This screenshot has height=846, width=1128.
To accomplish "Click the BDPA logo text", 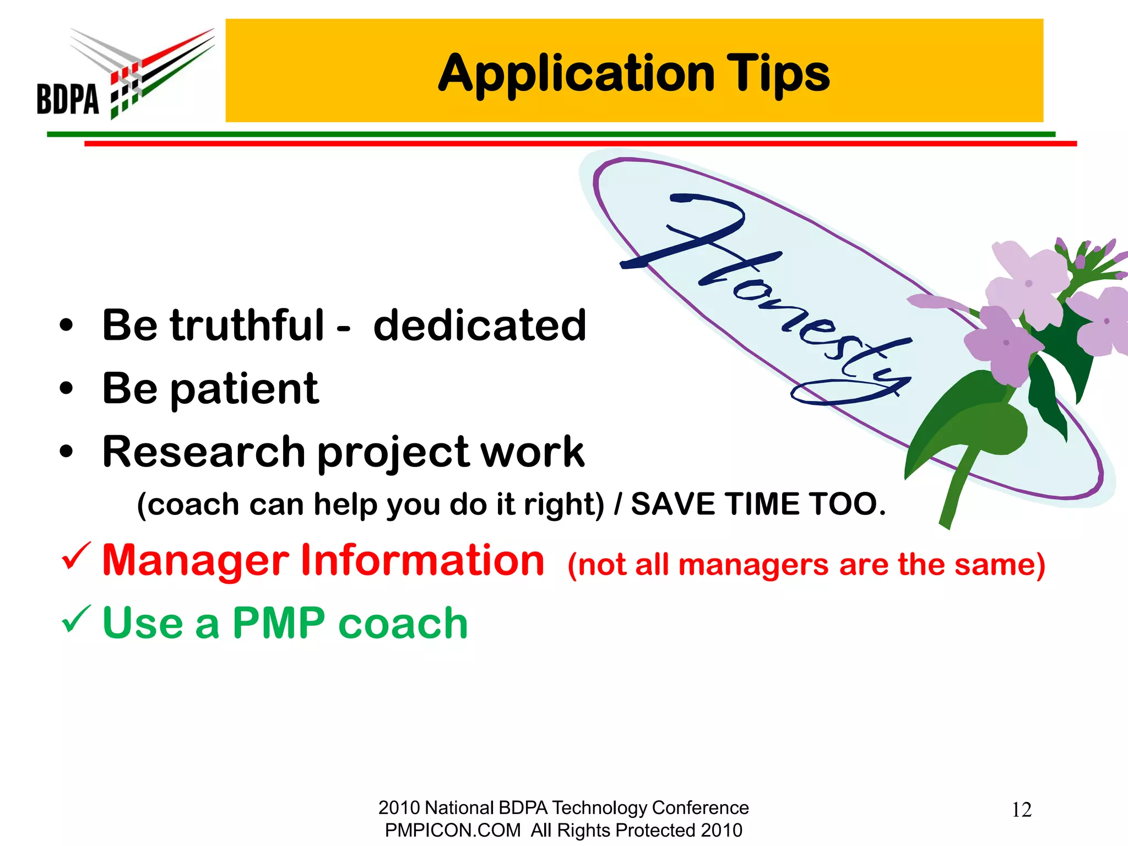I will pyautogui.click(x=68, y=99).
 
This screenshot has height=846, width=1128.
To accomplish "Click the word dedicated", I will pyautogui.click(x=480, y=326).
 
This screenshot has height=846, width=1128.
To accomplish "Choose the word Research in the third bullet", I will pyautogui.click(x=204, y=452).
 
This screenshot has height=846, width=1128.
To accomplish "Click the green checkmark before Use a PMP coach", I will pyautogui.click(x=75, y=619).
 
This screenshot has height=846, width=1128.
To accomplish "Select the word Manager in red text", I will pyautogui.click(x=196, y=561).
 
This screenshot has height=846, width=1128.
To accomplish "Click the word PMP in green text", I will pyautogui.click(x=279, y=623).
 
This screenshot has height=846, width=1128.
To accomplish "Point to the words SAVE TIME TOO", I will pyautogui.click(x=758, y=504).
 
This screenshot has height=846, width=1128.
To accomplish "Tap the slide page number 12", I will pyautogui.click(x=1021, y=810).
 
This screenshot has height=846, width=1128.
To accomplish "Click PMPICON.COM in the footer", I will pyautogui.click(x=452, y=830).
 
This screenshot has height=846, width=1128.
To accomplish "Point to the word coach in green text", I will pyautogui.click(x=403, y=623).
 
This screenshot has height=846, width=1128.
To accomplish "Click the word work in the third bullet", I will pyautogui.click(x=532, y=452).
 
